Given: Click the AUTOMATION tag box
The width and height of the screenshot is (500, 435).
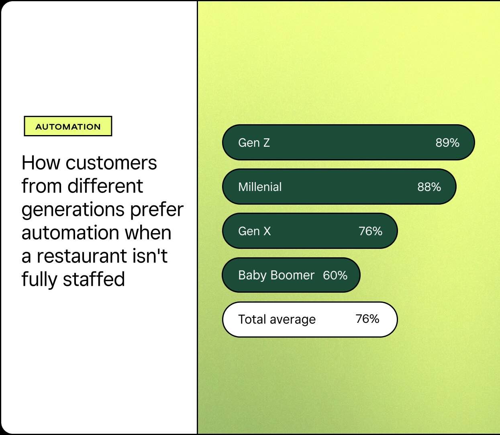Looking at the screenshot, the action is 68,126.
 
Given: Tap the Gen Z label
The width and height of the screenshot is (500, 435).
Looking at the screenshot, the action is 254,143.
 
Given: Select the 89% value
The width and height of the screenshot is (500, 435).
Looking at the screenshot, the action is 447,143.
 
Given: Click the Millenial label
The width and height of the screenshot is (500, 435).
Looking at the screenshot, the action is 260,187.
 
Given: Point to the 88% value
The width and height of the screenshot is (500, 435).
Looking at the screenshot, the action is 429,187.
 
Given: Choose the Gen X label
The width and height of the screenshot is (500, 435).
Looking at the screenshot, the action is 254,231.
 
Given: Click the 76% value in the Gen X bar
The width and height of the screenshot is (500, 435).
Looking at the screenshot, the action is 370,231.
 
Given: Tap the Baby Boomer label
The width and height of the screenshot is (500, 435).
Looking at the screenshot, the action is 276,275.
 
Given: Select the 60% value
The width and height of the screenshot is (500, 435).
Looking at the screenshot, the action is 335,275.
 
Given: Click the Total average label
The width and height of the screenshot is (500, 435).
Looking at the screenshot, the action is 277,320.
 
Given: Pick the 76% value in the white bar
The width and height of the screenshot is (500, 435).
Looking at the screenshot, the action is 367,319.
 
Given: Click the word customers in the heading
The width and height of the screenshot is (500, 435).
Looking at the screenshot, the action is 111,163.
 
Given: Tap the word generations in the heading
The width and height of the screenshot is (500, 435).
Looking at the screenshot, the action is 73,210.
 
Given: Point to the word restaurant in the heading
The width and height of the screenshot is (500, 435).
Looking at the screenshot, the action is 82,256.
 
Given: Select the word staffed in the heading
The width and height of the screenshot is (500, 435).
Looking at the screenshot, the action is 94,279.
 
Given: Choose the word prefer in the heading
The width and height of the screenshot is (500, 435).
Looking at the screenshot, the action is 157,210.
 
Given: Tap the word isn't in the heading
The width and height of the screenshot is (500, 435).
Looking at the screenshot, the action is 150,256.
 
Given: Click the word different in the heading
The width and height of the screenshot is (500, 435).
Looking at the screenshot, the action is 105,186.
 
